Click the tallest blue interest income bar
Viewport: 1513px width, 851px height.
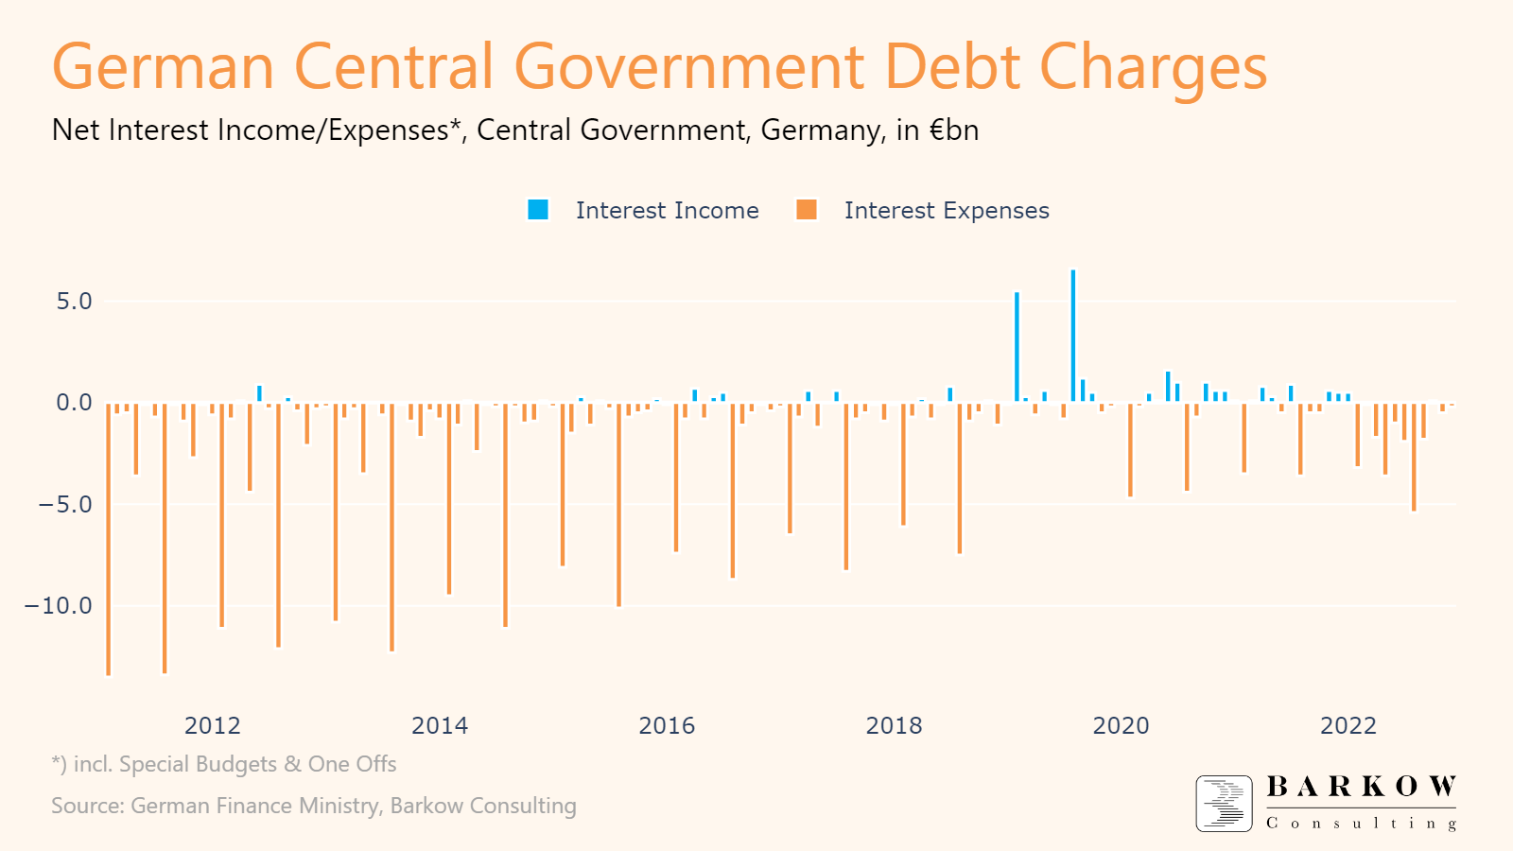[1073, 336]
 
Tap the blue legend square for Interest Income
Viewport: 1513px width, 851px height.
[538, 210]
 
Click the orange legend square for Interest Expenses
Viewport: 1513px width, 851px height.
[807, 210]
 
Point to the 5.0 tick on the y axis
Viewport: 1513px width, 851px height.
[74, 302]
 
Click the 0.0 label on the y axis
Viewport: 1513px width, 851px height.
[74, 403]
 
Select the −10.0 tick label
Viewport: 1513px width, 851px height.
[59, 605]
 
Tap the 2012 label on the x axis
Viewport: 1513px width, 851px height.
[212, 725]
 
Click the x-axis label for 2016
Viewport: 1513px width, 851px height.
[667, 725]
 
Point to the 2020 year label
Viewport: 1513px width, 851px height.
[1121, 725]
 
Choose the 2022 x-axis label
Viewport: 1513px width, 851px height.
[1348, 725]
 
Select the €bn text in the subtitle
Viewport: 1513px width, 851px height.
[953, 130]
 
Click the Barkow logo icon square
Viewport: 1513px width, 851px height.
[1224, 803]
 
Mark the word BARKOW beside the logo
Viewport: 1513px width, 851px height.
[1361, 787]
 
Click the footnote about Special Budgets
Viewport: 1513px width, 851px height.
[224, 764]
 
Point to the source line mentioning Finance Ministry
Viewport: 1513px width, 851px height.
[313, 806]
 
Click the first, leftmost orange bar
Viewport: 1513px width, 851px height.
[109, 539]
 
